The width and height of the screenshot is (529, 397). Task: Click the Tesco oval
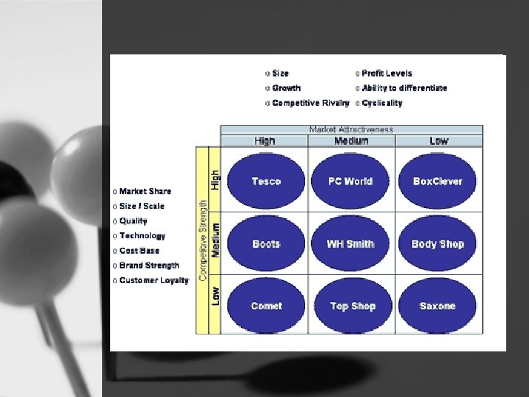point(266,182)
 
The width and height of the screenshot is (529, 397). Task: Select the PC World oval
point(351,182)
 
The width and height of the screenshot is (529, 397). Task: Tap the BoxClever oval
point(438,182)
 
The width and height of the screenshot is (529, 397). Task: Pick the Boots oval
point(266,244)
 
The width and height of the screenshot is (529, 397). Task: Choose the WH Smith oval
point(351,244)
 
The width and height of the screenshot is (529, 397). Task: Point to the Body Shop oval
point(438,244)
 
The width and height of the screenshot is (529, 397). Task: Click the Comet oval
point(266,306)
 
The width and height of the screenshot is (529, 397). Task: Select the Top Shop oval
point(351,306)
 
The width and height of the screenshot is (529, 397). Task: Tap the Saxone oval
point(438,306)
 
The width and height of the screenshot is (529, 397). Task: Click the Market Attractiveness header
point(351,129)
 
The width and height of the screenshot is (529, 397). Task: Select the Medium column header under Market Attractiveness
point(351,140)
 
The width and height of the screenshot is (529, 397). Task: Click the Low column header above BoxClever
point(439,140)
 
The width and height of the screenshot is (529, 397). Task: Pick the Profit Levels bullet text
point(387,74)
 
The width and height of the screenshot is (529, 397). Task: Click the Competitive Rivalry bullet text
point(310,103)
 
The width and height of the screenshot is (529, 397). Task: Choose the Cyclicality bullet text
point(382,103)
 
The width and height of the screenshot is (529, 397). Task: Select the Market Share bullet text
point(145,192)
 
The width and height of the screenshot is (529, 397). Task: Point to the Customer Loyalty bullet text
point(154,280)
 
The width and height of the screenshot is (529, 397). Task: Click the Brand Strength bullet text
point(149,265)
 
